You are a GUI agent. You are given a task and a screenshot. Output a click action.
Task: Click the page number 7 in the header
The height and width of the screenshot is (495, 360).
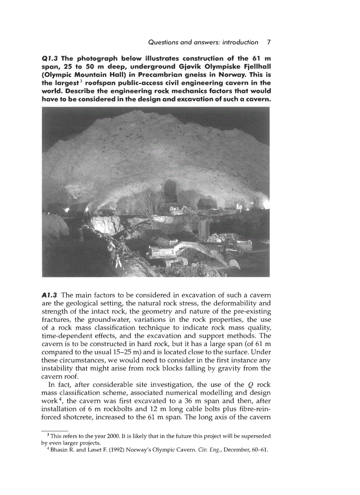point(269,42)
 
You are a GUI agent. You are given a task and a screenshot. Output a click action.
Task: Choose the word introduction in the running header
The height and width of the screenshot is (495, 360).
point(237,42)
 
